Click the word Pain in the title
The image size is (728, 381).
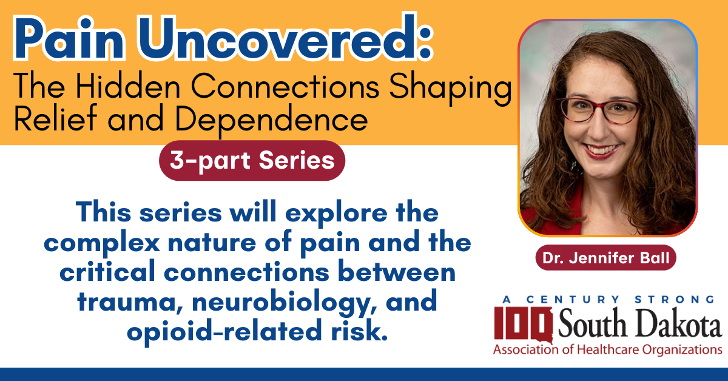[69, 38]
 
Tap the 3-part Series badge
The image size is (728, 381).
[252, 161]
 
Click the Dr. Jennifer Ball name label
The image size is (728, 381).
[606, 258]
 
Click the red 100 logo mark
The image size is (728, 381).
[523, 325]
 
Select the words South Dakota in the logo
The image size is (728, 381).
[639, 323]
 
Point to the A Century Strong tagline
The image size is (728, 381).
[608, 300]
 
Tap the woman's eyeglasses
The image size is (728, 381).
[599, 110]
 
